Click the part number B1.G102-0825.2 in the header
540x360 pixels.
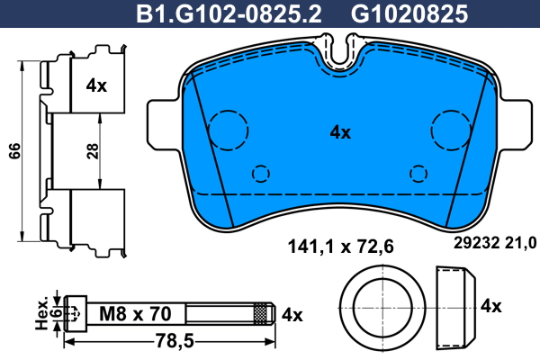[x=229, y=14]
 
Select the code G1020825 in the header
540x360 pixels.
[x=409, y=14]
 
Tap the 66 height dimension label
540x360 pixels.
[x=14, y=150]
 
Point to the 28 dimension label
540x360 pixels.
[x=93, y=151]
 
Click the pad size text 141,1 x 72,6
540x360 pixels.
[x=340, y=247]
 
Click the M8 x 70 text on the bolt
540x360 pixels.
[x=135, y=314]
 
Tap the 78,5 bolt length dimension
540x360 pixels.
[x=175, y=341]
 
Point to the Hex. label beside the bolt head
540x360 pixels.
[x=42, y=313]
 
